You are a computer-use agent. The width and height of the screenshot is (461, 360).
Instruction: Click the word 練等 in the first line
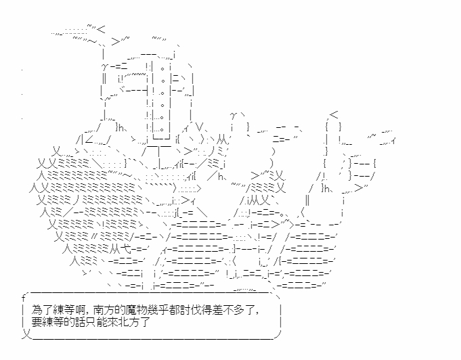point(58,311)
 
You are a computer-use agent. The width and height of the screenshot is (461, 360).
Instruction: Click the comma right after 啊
point(83,313)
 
